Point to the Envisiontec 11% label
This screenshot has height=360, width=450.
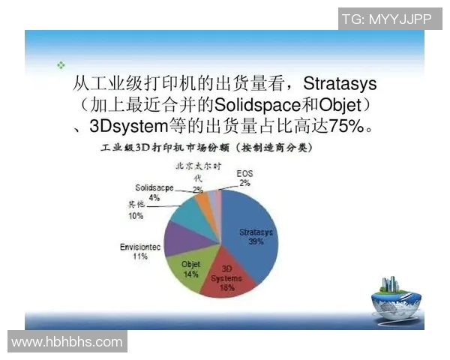coord(139,251)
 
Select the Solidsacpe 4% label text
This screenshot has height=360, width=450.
coord(154,192)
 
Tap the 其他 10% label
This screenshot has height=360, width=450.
coord(136,211)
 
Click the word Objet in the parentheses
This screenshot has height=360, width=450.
coord(340,103)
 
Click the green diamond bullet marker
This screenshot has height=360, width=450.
coord(61,65)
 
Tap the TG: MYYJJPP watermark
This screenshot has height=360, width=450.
coord(385,19)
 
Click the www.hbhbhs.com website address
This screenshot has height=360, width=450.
coord(67,342)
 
